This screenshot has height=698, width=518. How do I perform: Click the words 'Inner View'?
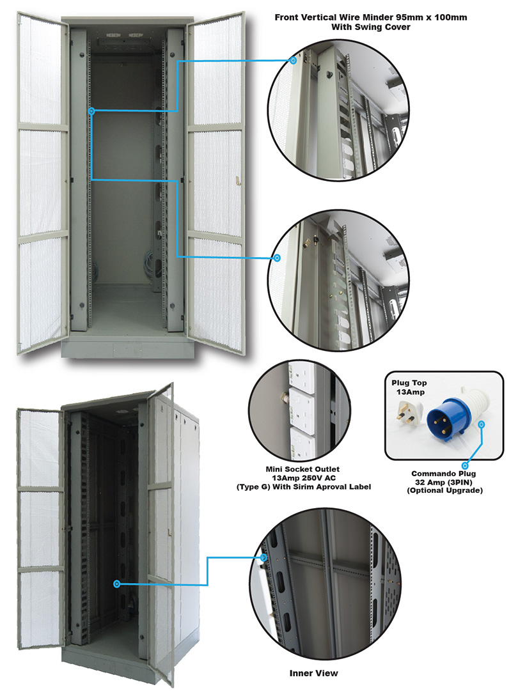pyautogui.click(x=313, y=673)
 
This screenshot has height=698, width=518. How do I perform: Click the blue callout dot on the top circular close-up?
pyautogui.click(x=293, y=61)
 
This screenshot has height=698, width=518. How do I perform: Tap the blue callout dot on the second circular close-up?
pyautogui.click(x=277, y=258)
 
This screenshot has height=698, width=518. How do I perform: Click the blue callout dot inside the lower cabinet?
pyautogui.click(x=116, y=584)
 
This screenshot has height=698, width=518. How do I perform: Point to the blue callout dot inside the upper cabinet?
pyautogui.click(x=91, y=111)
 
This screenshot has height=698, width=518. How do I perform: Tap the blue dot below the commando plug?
pyautogui.click(x=465, y=466)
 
